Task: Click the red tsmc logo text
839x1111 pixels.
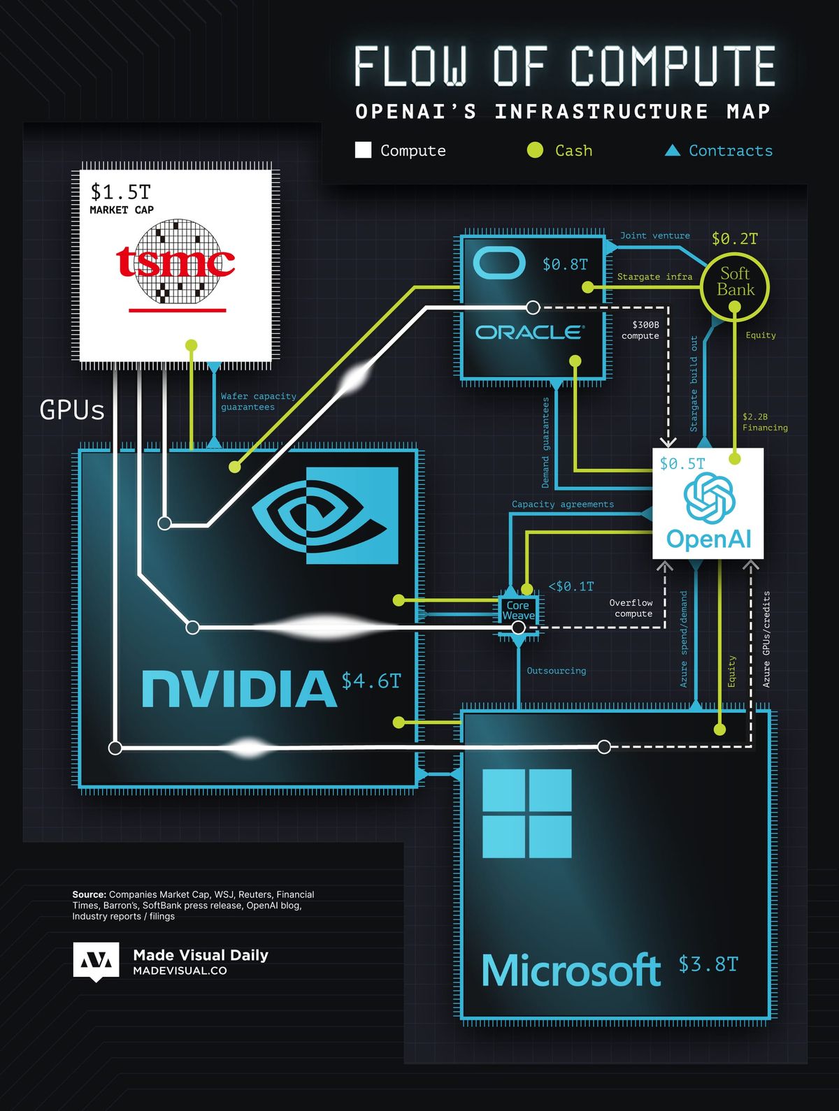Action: [175, 262]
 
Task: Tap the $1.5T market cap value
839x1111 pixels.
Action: [120, 191]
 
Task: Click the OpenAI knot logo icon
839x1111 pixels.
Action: [709, 497]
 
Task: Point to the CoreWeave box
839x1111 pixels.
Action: [518, 611]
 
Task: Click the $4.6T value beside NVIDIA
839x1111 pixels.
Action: [371, 681]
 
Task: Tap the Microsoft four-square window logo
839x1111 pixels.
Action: [527, 813]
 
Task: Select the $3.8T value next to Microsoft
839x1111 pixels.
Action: [708, 964]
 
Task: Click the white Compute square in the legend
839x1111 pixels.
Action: [363, 150]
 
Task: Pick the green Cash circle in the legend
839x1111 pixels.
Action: [535, 150]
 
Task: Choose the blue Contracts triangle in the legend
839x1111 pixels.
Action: [673, 150]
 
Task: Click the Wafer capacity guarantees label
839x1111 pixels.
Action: [258, 401]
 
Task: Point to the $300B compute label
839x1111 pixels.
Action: [641, 330]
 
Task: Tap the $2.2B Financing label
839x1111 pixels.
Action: [764, 422]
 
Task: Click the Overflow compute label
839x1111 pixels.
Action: [631, 608]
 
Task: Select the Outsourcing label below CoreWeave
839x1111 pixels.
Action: [556, 671]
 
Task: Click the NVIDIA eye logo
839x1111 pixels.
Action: [325, 516]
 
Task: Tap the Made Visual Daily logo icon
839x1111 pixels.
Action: [96, 961]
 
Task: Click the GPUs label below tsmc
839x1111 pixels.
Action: [72, 410]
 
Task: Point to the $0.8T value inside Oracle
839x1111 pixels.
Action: [565, 265]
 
